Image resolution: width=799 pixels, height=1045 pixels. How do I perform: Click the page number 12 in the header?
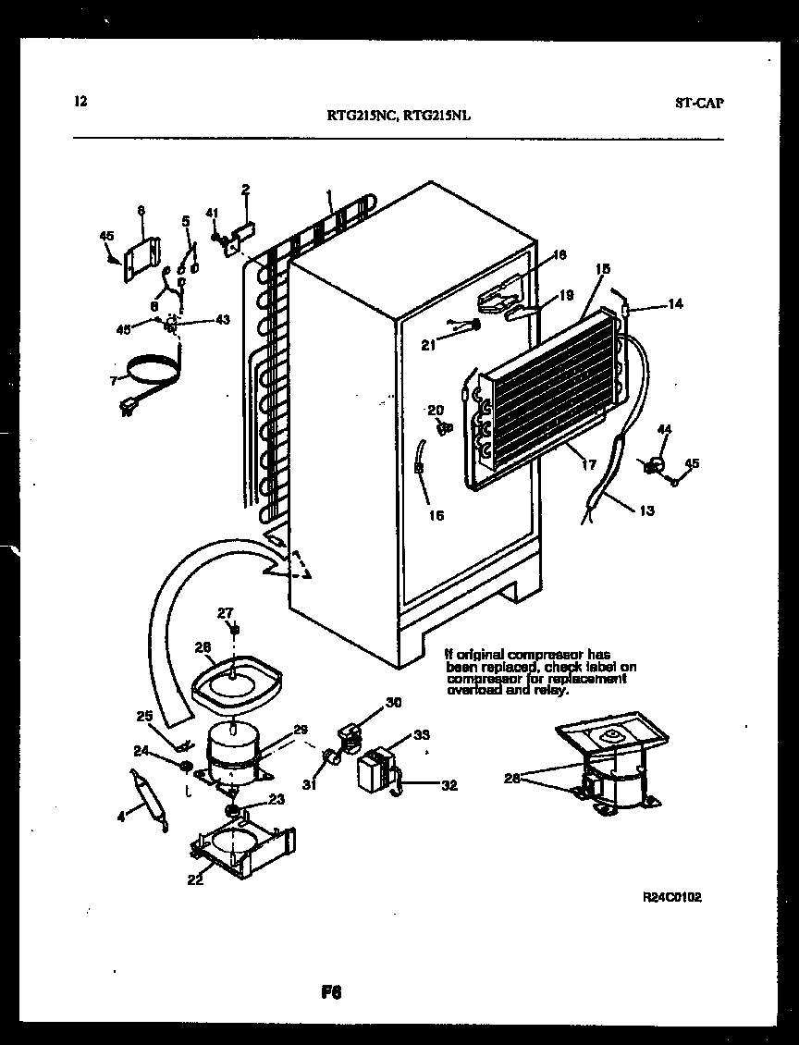coord(80,102)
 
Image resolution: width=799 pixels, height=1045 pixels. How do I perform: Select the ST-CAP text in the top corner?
coord(699,103)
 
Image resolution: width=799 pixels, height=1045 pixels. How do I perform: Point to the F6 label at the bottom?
coord(332,994)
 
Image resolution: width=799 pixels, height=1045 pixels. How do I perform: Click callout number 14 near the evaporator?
coord(676,304)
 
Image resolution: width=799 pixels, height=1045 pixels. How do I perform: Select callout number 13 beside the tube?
coord(646,510)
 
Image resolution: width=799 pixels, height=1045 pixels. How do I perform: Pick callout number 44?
coord(664,429)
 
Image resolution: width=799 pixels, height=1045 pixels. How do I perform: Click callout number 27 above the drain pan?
coord(226,611)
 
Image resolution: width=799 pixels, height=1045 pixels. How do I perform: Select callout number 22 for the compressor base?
coord(195,879)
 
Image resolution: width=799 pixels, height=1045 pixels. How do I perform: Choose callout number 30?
coord(394,703)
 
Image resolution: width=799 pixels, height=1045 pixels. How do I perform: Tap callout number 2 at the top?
coord(245,191)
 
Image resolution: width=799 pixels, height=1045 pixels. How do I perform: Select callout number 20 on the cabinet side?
coord(436,410)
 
